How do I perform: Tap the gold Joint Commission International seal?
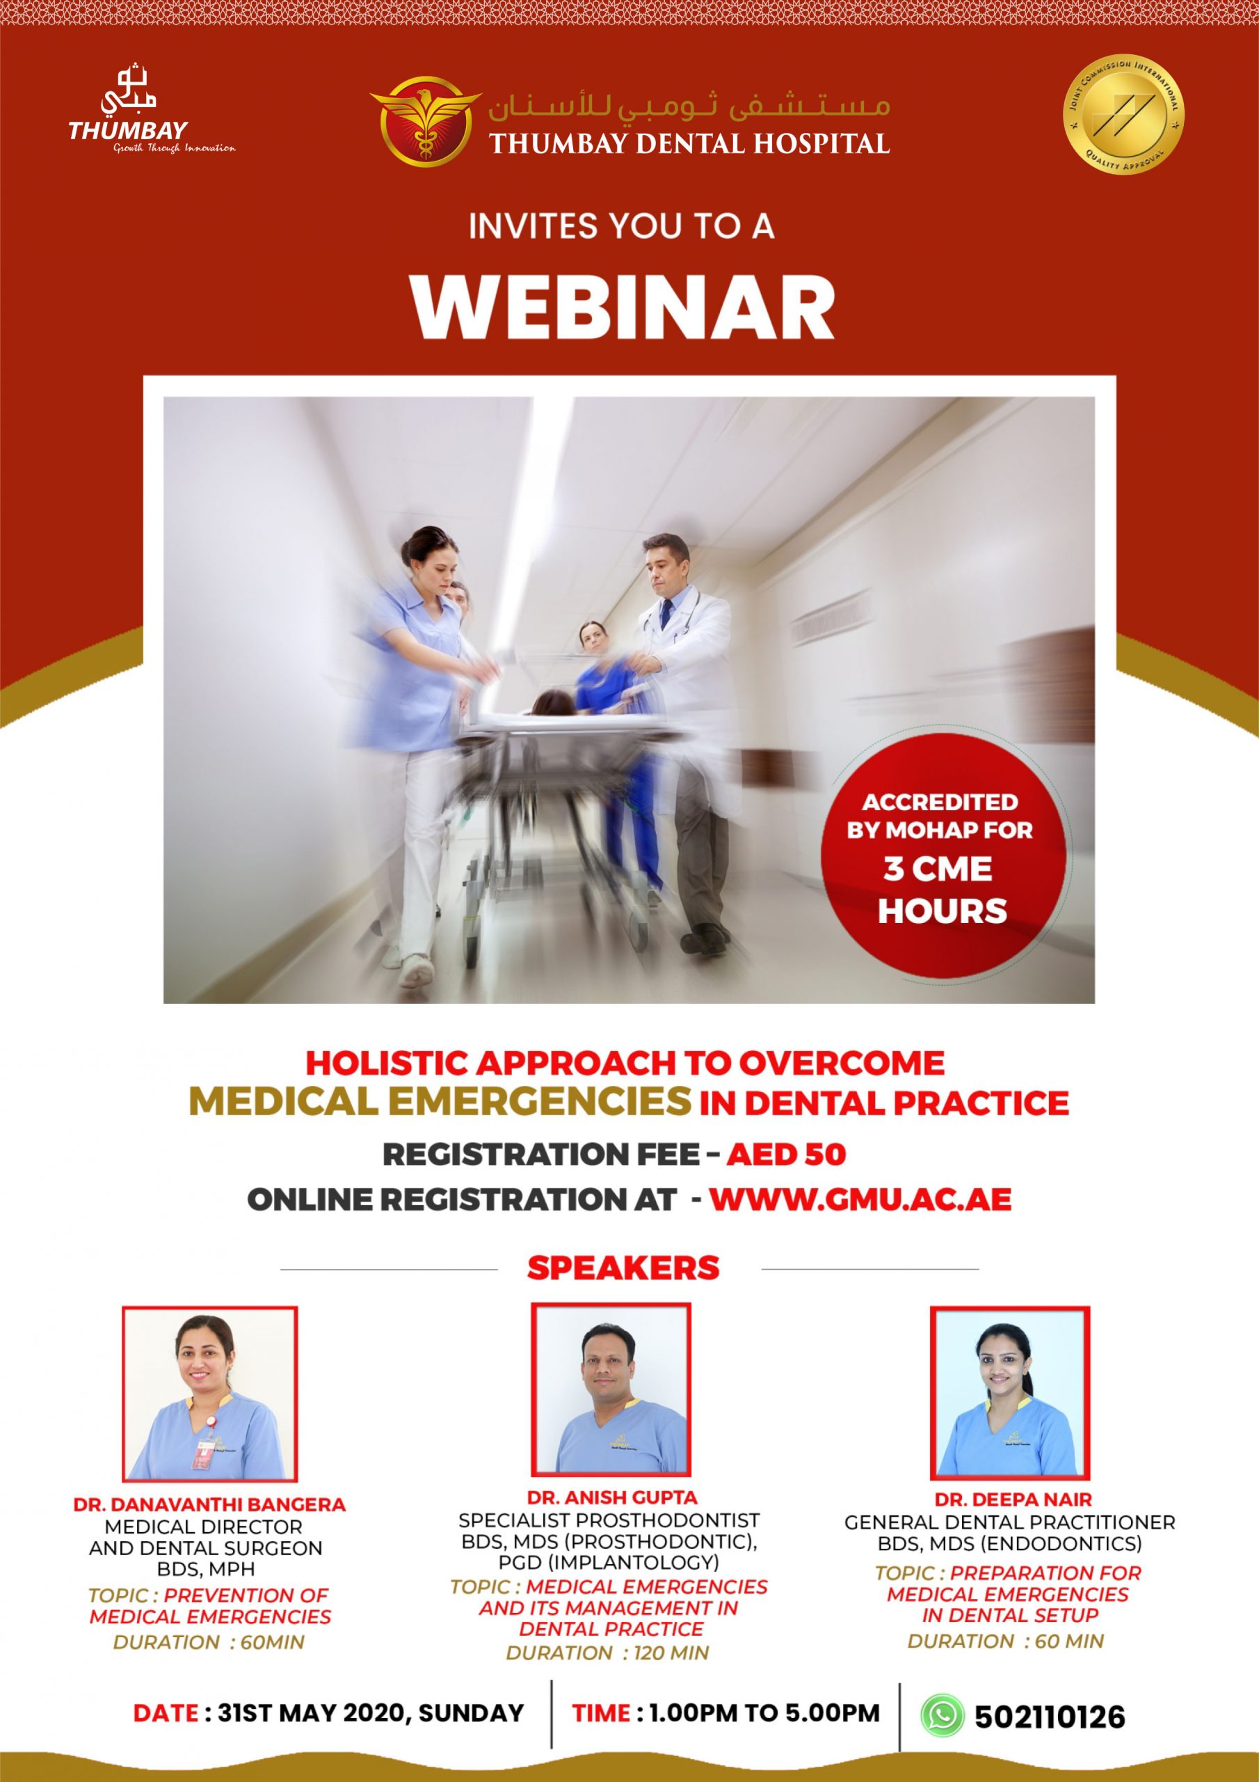tap(1123, 114)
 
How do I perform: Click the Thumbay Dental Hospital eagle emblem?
tap(424, 122)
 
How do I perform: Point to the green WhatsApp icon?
tap(942, 1714)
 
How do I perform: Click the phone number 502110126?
tap(1050, 1717)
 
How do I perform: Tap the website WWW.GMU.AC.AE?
tap(860, 1199)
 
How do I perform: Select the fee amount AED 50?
tap(786, 1155)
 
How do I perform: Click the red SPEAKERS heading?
tap(623, 1268)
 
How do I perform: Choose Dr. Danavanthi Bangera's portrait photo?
tap(209, 1394)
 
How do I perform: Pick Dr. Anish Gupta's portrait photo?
tap(611, 1389)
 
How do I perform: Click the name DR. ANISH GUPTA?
tap(612, 1497)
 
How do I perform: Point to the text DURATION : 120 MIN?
tap(607, 1653)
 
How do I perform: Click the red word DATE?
tap(166, 1713)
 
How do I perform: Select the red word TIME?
tap(601, 1713)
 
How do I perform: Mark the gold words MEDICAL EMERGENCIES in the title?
tap(440, 1101)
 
